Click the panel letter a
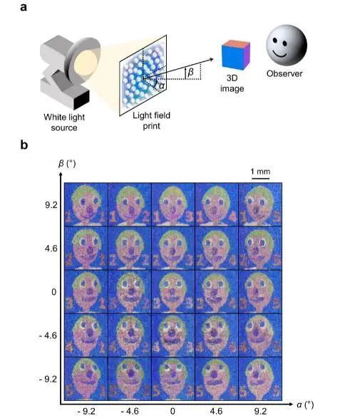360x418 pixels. pyautogui.click(x=24, y=7)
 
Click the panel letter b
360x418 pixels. pyautogui.click(x=24, y=145)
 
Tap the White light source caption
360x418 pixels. pyautogui.click(x=64, y=122)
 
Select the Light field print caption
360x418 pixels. pyautogui.click(x=151, y=120)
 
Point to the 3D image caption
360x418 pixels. pyautogui.click(x=232, y=83)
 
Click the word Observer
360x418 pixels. pyautogui.click(x=284, y=73)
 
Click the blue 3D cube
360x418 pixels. pyautogui.click(x=236, y=55)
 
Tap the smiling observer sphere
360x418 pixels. pyautogui.click(x=287, y=45)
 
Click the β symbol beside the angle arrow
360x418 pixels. pyautogui.click(x=190, y=72)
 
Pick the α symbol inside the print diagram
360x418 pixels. pyautogui.click(x=162, y=86)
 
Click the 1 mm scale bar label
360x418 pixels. pyautogui.click(x=260, y=172)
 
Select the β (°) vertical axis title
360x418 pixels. pyautogui.click(x=67, y=163)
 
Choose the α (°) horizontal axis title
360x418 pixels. pyautogui.click(x=305, y=404)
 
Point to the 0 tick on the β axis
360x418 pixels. pyautogui.click(x=54, y=292)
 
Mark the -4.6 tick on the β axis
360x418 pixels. pyautogui.click(x=48, y=335)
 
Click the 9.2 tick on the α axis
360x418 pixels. pyautogui.click(x=260, y=411)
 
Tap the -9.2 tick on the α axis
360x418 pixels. pyautogui.click(x=86, y=411)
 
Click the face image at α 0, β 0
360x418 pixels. pyautogui.click(x=173, y=292)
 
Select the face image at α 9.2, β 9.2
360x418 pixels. pyautogui.click(x=260, y=204)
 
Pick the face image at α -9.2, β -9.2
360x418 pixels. pyautogui.click(x=86, y=379)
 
